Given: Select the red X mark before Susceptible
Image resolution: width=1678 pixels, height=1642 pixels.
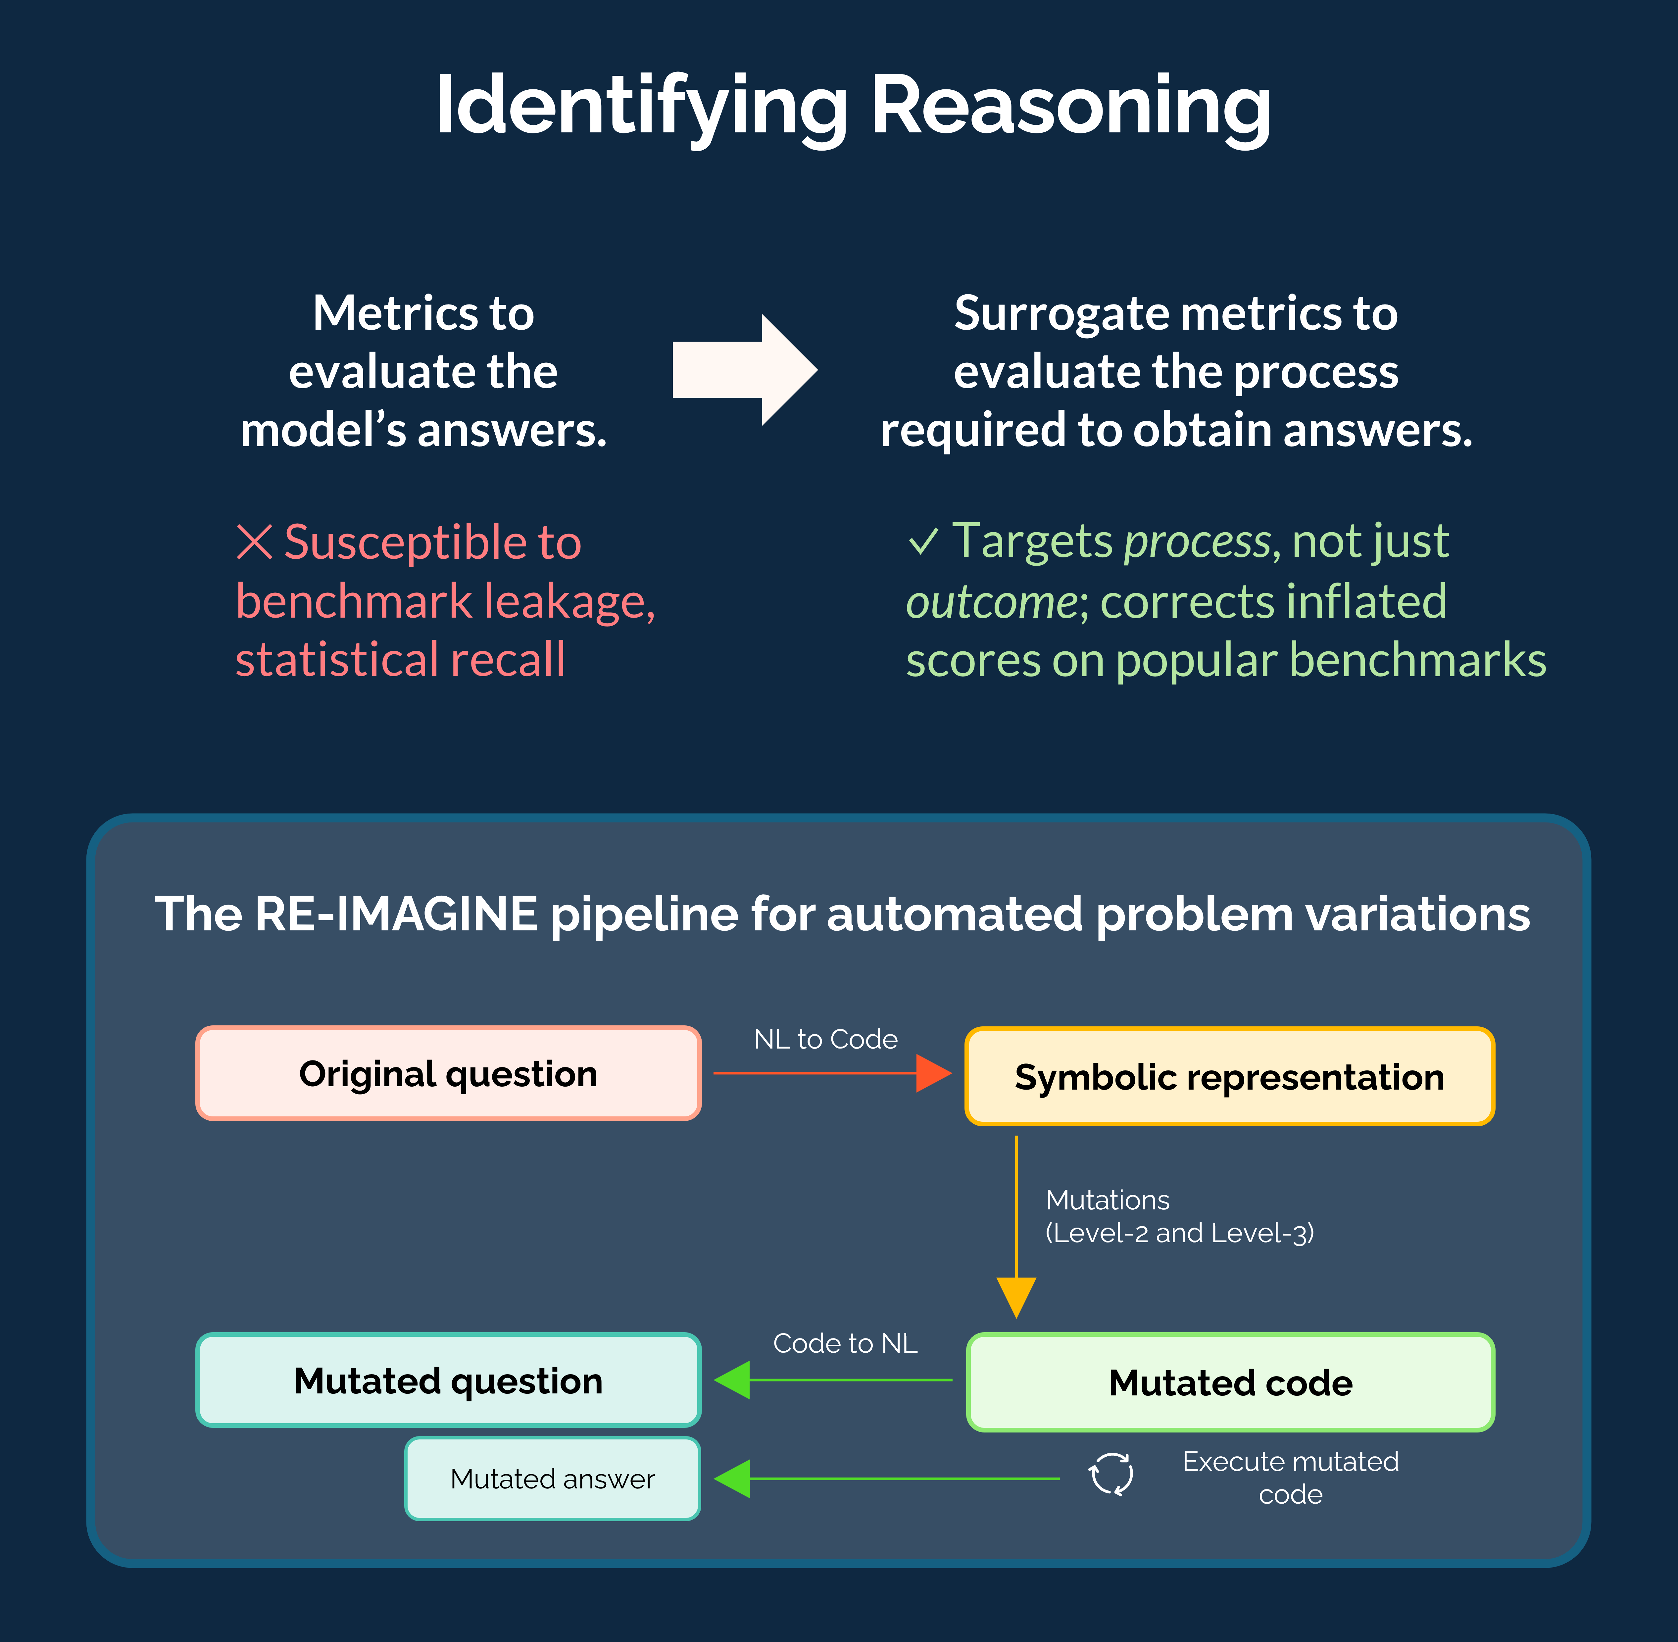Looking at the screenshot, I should (x=255, y=542).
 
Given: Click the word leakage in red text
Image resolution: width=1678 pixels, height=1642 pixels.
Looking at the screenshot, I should (x=569, y=601).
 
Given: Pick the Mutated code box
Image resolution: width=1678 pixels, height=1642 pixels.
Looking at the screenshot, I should (x=1230, y=1383).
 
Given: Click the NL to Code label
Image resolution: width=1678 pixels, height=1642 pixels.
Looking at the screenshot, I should (x=826, y=1039).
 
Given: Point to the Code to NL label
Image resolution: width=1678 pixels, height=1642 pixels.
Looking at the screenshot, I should (x=845, y=1343).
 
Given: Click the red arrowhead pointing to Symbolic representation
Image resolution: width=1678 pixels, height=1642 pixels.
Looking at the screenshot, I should (x=933, y=1073).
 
